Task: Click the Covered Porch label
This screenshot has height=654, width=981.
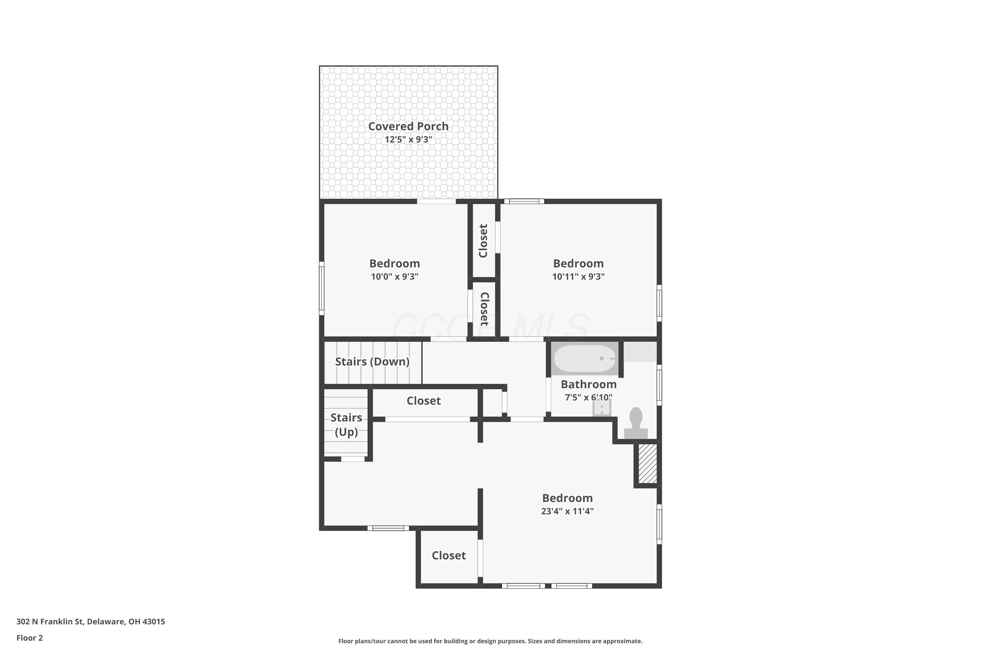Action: pyautogui.click(x=408, y=126)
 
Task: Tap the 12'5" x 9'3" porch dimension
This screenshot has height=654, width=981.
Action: pyautogui.click(x=408, y=139)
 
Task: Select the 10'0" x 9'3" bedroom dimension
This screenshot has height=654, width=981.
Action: pyautogui.click(x=395, y=277)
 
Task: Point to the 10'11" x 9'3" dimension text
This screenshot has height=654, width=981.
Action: pyautogui.click(x=578, y=277)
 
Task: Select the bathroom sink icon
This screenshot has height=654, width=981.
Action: pyautogui.click(x=602, y=407)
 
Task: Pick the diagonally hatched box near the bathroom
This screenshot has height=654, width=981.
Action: pyautogui.click(x=648, y=464)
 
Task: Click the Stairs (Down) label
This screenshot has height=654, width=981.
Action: pyautogui.click(x=372, y=362)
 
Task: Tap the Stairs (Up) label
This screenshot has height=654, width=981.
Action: pyautogui.click(x=346, y=424)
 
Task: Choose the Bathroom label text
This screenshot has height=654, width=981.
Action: pyautogui.click(x=589, y=384)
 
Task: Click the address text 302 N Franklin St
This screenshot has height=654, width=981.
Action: pyautogui.click(x=50, y=622)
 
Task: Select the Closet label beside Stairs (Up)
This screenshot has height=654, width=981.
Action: pyautogui.click(x=424, y=401)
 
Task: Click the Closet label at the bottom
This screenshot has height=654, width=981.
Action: pyautogui.click(x=449, y=556)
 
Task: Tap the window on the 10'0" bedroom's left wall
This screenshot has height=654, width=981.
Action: pyautogui.click(x=321, y=288)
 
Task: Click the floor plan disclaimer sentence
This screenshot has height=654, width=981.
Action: pyautogui.click(x=490, y=641)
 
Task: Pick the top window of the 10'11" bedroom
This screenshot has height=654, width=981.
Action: pyautogui.click(x=524, y=201)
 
